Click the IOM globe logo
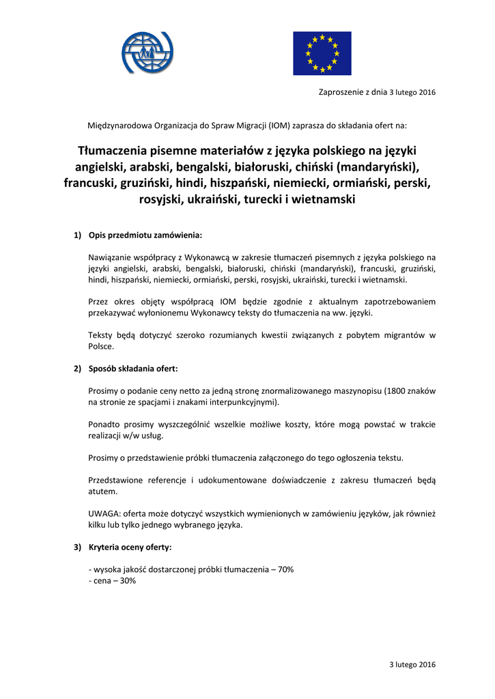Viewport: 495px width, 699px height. pyautogui.click(x=147, y=53)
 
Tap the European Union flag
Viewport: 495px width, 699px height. pyautogui.click(x=322, y=53)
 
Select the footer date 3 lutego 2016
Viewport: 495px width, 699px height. pyautogui.click(x=412, y=664)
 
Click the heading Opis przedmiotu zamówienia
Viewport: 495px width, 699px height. pyautogui.click(x=145, y=236)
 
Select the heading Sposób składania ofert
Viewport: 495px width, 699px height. pyautogui.click(x=133, y=369)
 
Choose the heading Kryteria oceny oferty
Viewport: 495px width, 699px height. pyautogui.click(x=130, y=547)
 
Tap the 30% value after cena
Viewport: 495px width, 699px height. pyautogui.click(x=127, y=580)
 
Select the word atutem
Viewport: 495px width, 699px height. pyautogui.click(x=102, y=491)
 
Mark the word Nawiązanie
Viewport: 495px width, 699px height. pyautogui.click(x=111, y=257)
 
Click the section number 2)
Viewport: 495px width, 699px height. pyautogui.click(x=77, y=369)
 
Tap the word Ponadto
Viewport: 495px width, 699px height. pyautogui.click(x=106, y=424)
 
